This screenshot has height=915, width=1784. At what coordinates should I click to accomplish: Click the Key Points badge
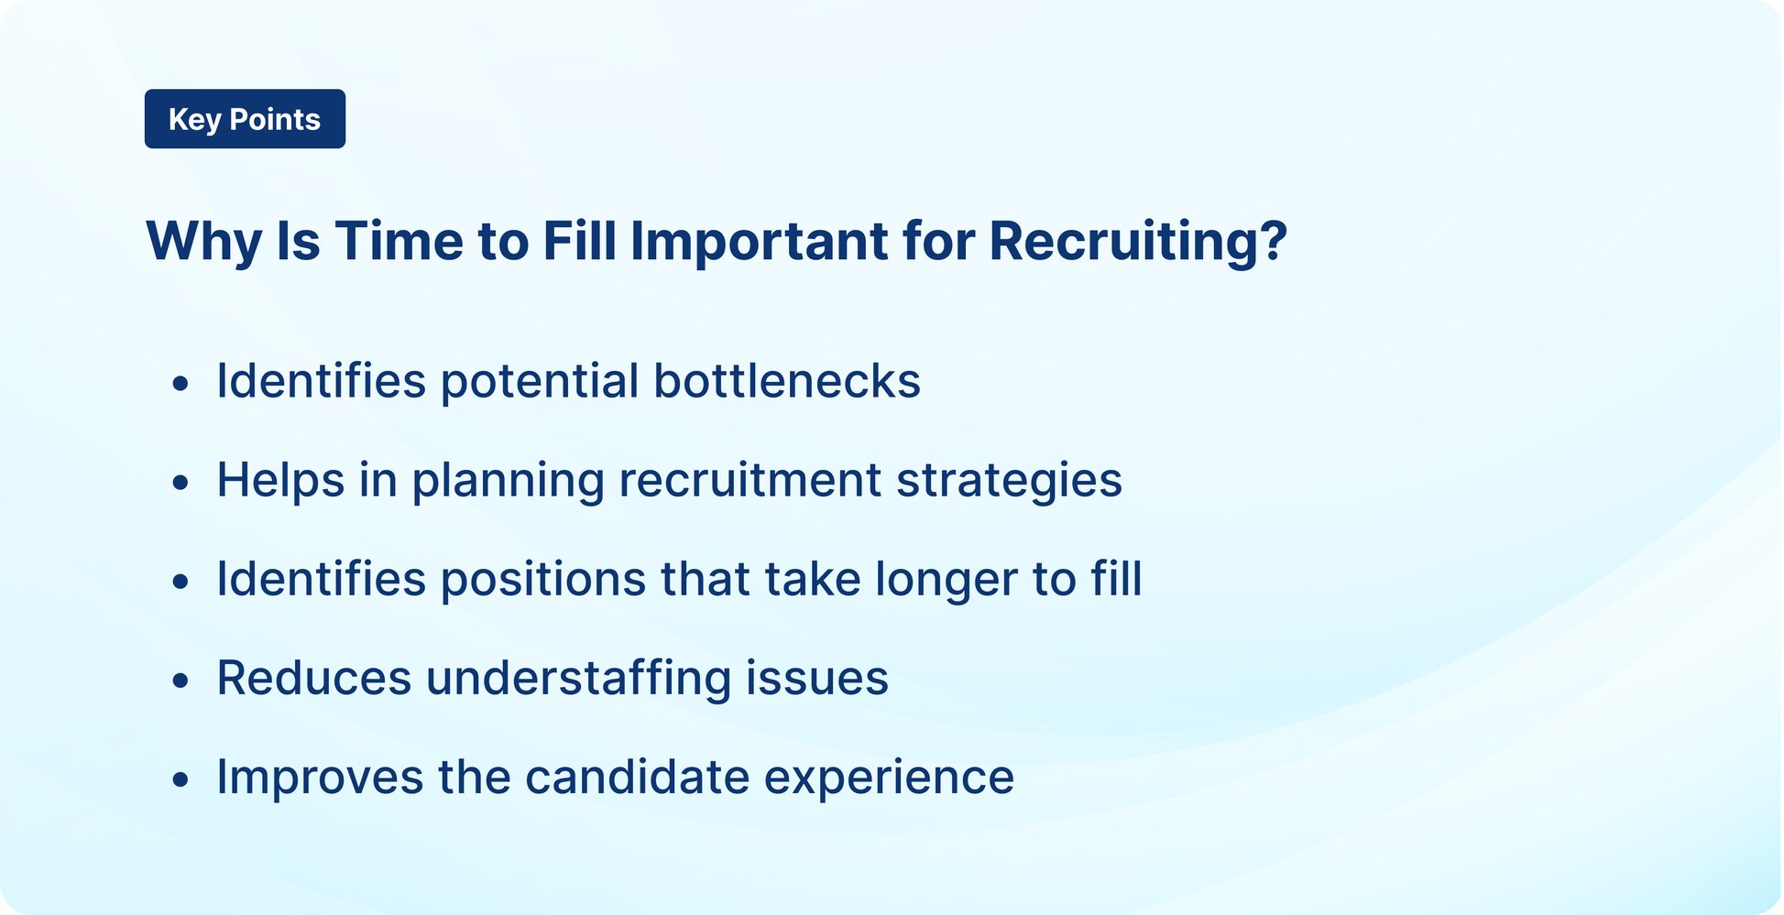tap(245, 119)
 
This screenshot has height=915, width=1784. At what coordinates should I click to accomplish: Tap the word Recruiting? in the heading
tap(1138, 242)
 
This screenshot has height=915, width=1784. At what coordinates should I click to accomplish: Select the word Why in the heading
tap(203, 242)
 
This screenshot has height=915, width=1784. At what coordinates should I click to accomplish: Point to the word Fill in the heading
tap(579, 242)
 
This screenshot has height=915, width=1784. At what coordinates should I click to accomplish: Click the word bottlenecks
tap(786, 381)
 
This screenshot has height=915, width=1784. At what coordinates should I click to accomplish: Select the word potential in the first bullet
tap(540, 383)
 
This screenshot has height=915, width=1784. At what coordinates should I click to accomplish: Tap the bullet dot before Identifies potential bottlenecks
tap(181, 383)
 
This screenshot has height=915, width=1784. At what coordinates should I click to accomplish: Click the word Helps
tap(280, 481)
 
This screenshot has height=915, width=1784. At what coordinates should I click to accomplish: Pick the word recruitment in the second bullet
tap(749, 481)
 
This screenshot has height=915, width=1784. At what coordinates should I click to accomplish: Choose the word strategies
tap(1008, 481)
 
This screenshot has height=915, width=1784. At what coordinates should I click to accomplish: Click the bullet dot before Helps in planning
tap(181, 482)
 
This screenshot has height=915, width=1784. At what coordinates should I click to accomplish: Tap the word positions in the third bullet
tap(543, 581)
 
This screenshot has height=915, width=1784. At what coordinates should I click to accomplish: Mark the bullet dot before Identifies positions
tap(181, 581)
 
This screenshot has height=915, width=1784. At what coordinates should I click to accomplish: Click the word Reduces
tap(314, 679)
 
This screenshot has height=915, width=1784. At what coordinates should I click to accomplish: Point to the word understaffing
tap(578, 679)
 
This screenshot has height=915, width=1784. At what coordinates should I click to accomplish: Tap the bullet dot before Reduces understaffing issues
tap(181, 680)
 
